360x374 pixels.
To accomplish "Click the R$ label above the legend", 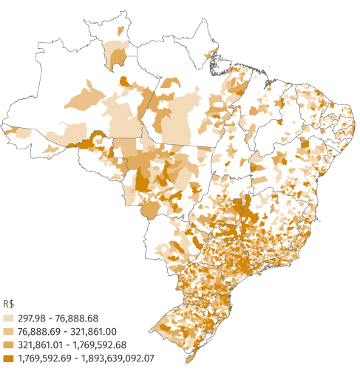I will tap(9, 304).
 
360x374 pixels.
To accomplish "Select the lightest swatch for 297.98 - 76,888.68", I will tap(9, 317).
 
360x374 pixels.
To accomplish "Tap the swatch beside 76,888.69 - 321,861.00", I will tap(9, 330).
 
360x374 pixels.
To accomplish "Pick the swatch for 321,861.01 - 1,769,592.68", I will tap(9, 344).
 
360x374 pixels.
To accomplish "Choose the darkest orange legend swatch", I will tap(9, 358).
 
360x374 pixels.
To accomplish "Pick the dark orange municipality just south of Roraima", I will tap(127, 82).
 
